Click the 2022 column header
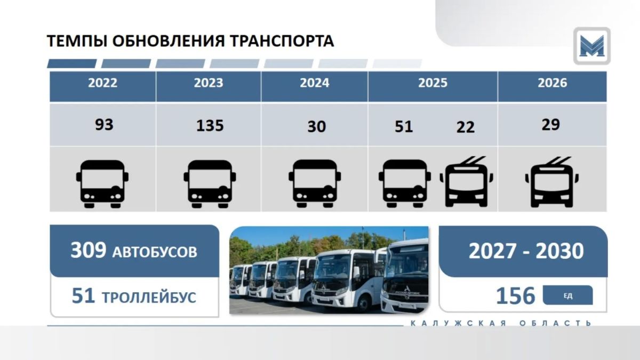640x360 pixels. [102, 83]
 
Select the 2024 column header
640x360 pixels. [315, 83]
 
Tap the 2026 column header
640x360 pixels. [553, 83]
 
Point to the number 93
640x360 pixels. [104, 125]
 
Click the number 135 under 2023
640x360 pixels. [210, 126]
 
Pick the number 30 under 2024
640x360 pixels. [317, 126]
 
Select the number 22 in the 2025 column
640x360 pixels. [466, 127]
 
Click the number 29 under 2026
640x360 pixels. [550, 125]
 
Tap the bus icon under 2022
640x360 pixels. [102, 184]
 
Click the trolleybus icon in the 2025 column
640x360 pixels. [466, 182]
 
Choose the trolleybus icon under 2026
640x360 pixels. [551, 182]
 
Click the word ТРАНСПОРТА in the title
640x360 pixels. [282, 41]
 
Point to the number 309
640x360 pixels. [89, 250]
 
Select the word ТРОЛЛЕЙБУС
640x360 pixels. [149, 298]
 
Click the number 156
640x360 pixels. [515, 295]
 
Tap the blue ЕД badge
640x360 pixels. [567, 295]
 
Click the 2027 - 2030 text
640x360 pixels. [526, 251]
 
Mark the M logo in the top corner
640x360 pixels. [591, 46]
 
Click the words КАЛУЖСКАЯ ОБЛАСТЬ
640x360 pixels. [501, 323]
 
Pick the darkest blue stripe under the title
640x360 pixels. [71, 63]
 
